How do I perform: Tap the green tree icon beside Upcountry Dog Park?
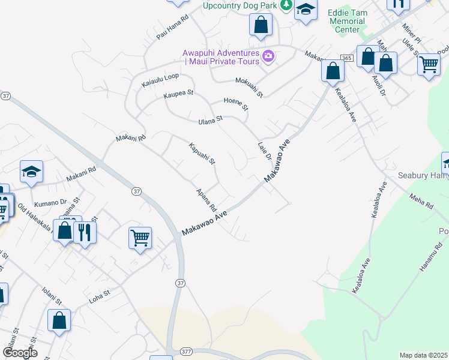pyautogui.click(x=286, y=5)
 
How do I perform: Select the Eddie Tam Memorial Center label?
pyautogui.click(x=347, y=21)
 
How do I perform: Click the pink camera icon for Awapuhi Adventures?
pyautogui.click(x=268, y=58)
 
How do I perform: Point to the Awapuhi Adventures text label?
pyautogui.click(x=221, y=57)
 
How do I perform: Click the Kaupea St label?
pyautogui.click(x=178, y=94)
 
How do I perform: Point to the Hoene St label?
pyautogui.click(x=235, y=103)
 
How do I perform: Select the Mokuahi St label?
pyautogui.click(x=249, y=87)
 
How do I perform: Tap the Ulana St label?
pyautogui.click(x=211, y=120)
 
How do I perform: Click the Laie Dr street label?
pyautogui.click(x=265, y=151)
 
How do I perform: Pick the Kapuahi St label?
pyautogui.click(x=202, y=154)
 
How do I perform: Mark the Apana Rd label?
pyautogui.click(x=206, y=200)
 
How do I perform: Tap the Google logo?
pyautogui.click(x=20, y=352)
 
